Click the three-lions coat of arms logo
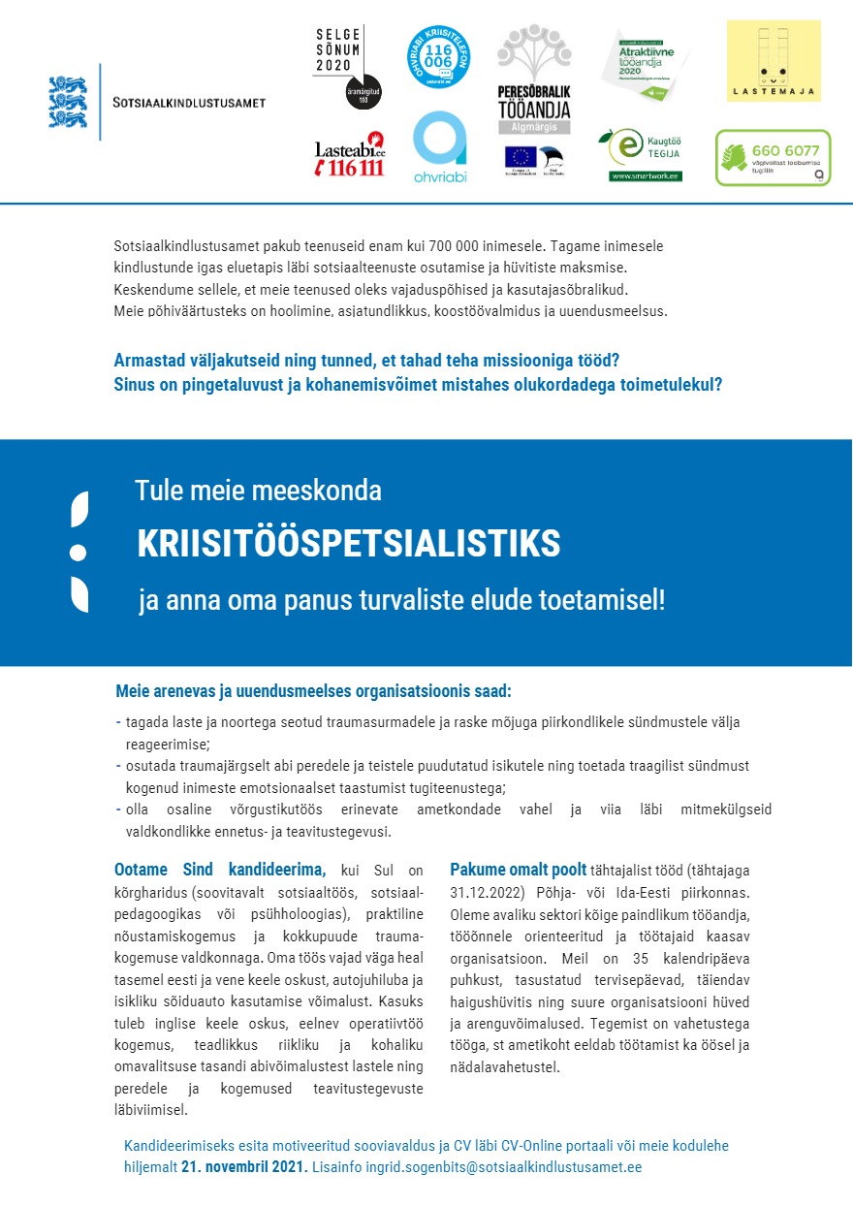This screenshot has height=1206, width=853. point(68,102)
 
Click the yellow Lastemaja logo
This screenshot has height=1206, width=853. point(773,60)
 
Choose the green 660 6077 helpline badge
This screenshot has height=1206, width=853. point(773,157)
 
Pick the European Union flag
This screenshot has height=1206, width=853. point(520,156)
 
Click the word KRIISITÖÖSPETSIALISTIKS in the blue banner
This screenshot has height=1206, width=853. point(349,545)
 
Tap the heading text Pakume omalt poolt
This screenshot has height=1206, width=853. point(518,870)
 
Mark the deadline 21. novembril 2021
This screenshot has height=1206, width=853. point(244,1166)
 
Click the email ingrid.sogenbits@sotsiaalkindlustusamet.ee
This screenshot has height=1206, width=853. point(503,1166)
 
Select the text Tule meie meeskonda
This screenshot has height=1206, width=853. point(258,491)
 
